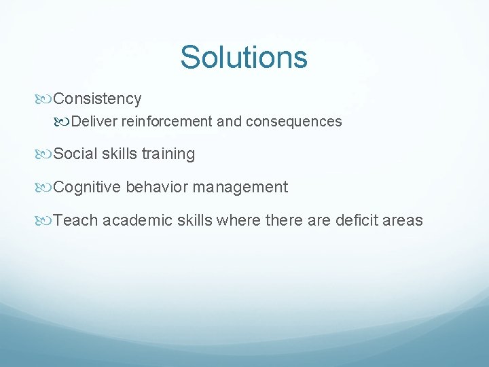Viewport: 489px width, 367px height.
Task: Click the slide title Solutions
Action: (244, 57)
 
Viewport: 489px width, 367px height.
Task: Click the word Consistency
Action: (97, 99)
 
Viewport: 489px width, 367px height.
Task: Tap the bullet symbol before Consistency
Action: (45, 99)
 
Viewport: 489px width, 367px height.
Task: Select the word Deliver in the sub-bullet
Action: (93, 122)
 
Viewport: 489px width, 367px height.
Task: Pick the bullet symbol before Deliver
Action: (63, 122)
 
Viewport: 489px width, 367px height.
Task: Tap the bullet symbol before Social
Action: (45, 154)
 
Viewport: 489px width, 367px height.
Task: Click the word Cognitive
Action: (87, 188)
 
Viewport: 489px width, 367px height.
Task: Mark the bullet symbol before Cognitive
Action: (45, 188)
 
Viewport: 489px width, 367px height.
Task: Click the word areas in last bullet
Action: (403, 221)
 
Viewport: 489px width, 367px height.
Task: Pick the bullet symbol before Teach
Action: (45, 221)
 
